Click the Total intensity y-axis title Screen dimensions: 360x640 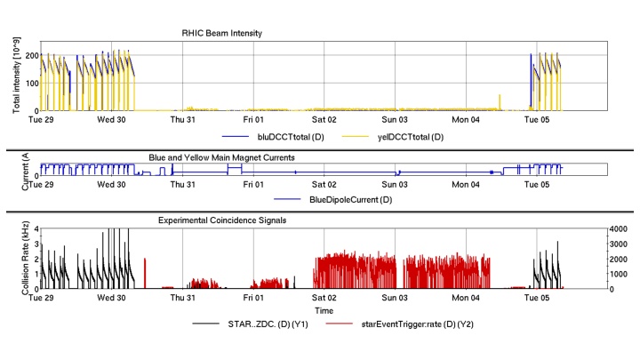coord(17,79)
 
